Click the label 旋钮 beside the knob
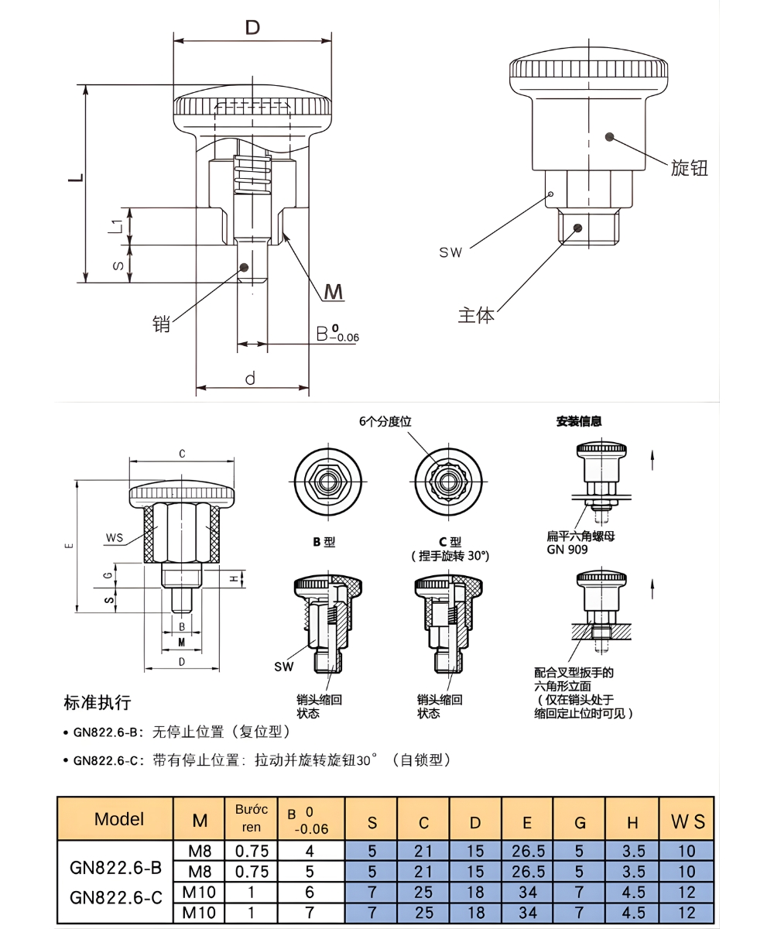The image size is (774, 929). pyautogui.click(x=689, y=168)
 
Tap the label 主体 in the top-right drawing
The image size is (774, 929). pyautogui.click(x=475, y=315)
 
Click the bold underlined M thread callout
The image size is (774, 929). pyautogui.click(x=334, y=292)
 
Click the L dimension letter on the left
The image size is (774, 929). pyautogui.click(x=75, y=178)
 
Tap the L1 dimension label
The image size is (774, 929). pyautogui.click(x=115, y=226)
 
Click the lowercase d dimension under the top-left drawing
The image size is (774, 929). pyautogui.click(x=250, y=379)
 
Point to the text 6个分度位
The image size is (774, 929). pyautogui.click(x=385, y=421)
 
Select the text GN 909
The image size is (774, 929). pyautogui.click(x=567, y=549)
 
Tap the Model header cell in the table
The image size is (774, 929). pyautogui.click(x=119, y=819)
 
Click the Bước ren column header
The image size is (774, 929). pyautogui.click(x=251, y=818)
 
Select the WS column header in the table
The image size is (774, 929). pyautogui.click(x=687, y=821)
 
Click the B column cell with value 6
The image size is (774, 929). pyautogui.click(x=310, y=892)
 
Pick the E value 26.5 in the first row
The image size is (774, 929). pyautogui.click(x=528, y=851)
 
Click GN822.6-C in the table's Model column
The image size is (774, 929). pyautogui.click(x=116, y=897)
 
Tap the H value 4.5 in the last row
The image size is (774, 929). pyautogui.click(x=633, y=913)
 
